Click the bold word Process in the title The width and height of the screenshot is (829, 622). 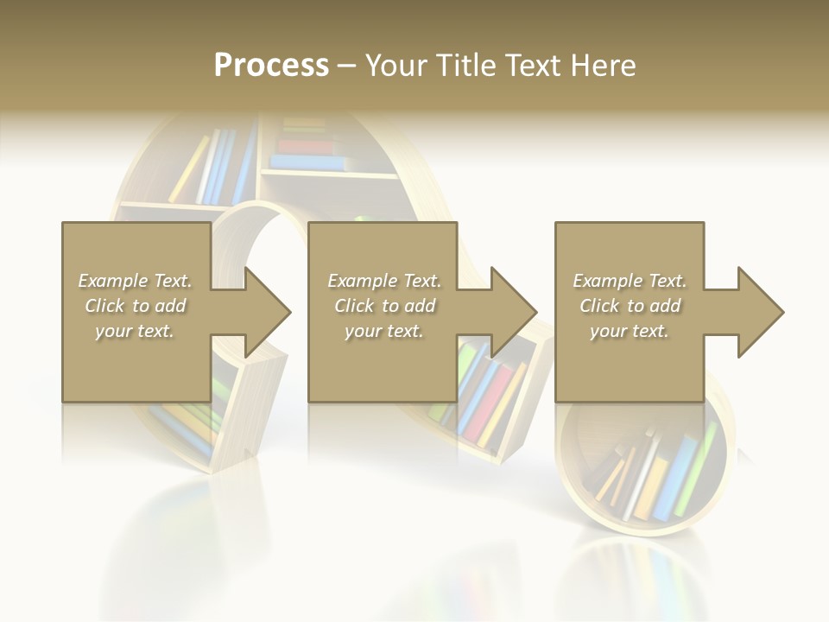click(271, 66)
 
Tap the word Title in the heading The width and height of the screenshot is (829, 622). click(465, 66)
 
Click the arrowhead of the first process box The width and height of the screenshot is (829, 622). click(267, 312)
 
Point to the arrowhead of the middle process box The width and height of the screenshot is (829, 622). click(513, 312)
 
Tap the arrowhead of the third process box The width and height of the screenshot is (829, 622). click(760, 312)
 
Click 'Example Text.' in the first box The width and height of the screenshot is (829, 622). click(136, 281)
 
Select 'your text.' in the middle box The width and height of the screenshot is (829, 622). click(383, 331)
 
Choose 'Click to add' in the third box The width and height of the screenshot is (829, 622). click(630, 306)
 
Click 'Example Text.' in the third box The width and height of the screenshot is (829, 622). click(630, 281)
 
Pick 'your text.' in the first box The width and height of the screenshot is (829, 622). click(135, 331)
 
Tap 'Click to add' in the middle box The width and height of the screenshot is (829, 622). click(383, 306)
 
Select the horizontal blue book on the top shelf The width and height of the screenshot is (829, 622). click(307, 162)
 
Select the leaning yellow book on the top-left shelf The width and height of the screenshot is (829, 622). click(189, 169)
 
